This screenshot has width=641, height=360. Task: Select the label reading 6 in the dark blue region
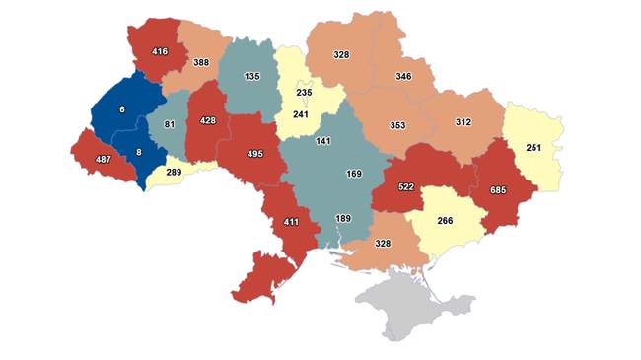point(122,109)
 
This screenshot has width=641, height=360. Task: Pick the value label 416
point(159,50)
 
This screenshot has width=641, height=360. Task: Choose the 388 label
point(200,62)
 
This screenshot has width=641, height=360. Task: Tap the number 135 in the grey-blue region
point(251,76)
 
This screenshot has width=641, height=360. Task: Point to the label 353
point(396,125)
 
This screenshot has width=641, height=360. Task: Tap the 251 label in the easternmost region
point(534,147)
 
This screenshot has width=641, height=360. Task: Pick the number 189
point(342,218)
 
